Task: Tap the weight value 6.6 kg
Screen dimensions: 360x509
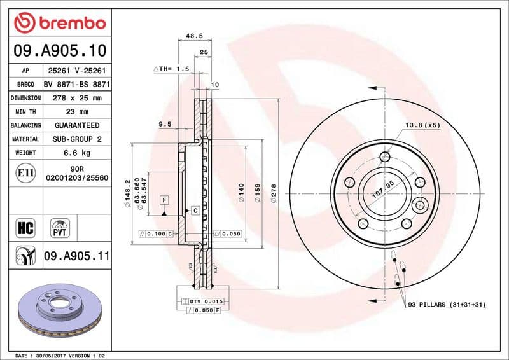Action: (77, 153)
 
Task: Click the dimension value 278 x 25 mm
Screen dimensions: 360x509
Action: (77, 98)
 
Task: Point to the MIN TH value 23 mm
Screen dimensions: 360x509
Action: (77, 112)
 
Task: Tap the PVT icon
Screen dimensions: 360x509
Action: (60, 227)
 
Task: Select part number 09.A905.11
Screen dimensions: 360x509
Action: (77, 256)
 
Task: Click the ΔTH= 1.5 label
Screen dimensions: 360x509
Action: (172, 68)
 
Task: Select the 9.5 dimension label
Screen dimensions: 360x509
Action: (165, 125)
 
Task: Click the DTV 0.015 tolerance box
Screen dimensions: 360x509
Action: (203, 300)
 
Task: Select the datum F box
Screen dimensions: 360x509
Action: (164, 200)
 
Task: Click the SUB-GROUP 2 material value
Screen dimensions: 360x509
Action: (77, 139)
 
